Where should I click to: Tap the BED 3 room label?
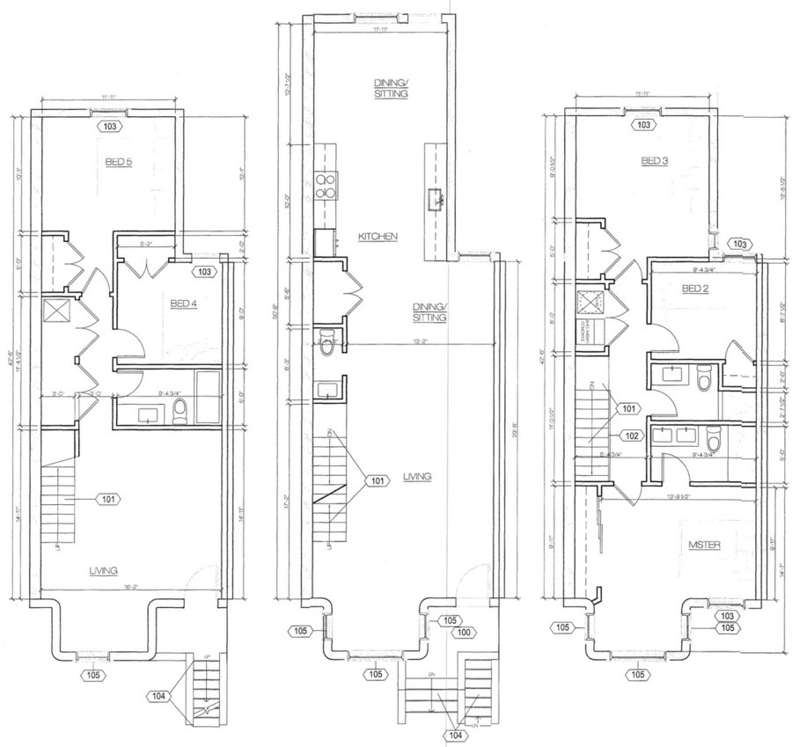(656, 161)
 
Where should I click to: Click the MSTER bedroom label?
(705, 546)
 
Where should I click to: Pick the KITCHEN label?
(379, 238)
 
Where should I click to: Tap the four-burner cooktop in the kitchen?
(322, 188)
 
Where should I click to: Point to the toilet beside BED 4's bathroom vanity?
(180, 408)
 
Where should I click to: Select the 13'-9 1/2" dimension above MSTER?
(682, 496)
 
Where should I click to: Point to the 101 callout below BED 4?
(106, 499)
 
